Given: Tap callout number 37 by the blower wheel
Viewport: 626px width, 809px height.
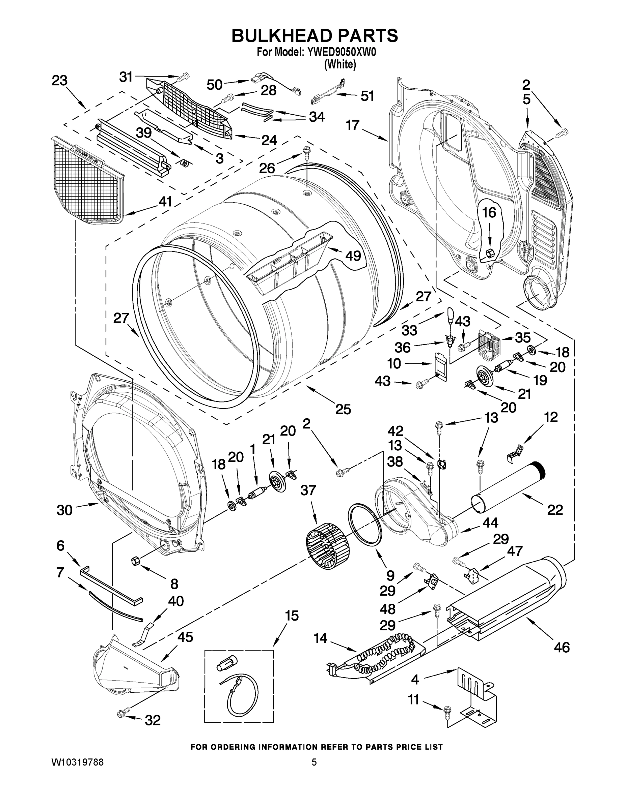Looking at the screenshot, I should [x=308, y=490].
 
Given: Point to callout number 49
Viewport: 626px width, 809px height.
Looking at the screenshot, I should [x=353, y=255].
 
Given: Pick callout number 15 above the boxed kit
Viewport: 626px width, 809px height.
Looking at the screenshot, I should [x=292, y=616].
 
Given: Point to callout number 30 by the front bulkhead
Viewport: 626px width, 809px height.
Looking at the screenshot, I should [x=64, y=510].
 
